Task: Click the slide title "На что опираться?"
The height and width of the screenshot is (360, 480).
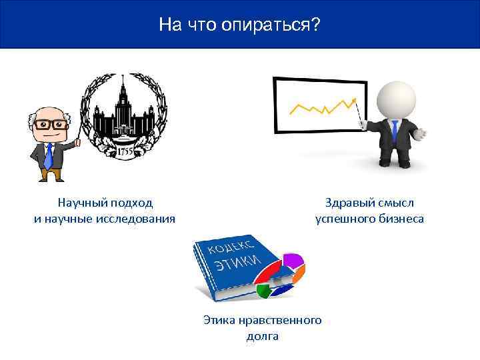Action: pyautogui.click(x=240, y=25)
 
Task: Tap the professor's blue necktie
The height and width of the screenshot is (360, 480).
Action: pyautogui.click(x=48, y=155)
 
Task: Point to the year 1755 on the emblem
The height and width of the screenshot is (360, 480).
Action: pyautogui.click(x=126, y=151)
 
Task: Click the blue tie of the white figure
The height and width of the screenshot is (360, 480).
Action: pyautogui.click(x=395, y=131)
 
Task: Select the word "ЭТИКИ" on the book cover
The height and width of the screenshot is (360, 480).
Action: pyautogui.click(x=234, y=262)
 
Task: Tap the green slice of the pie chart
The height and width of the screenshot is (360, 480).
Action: pyautogui.click(x=265, y=290)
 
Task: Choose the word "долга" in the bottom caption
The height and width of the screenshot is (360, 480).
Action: pyautogui.click(x=262, y=336)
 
